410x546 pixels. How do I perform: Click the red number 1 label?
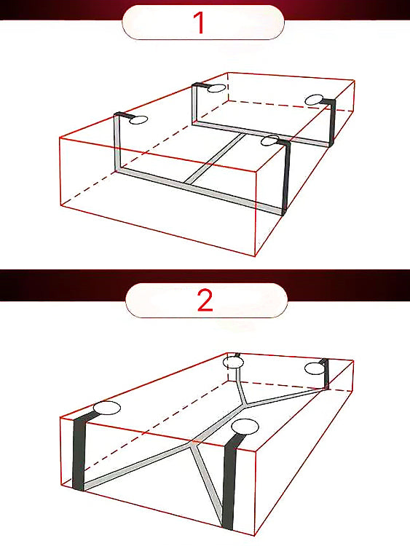(x=200, y=23)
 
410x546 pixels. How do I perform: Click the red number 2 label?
(x=205, y=300)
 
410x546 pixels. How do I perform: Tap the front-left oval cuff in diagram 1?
(x=138, y=120)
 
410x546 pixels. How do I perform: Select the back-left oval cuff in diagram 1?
(x=216, y=88)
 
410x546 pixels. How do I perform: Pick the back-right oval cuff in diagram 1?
(x=314, y=100)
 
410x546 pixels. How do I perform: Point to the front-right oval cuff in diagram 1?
(x=269, y=141)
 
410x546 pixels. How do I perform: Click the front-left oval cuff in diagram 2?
(x=107, y=408)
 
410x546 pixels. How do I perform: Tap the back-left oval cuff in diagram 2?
(x=233, y=362)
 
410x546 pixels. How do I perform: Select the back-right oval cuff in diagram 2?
(x=315, y=369)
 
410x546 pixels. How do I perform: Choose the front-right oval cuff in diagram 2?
(x=245, y=427)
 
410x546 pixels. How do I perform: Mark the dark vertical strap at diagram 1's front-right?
(x=286, y=178)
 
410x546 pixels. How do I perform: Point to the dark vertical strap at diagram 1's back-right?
(x=331, y=122)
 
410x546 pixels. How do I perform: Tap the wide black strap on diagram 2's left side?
(x=79, y=451)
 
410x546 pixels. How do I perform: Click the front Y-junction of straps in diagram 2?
(x=192, y=443)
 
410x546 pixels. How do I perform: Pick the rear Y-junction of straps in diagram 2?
(x=245, y=404)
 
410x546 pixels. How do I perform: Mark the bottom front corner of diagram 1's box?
(x=256, y=256)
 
